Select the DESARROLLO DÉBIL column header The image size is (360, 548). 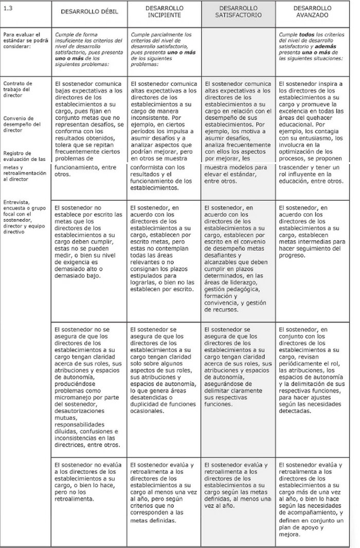[x=89, y=11]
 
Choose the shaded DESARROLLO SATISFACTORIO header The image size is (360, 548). [x=238, y=11]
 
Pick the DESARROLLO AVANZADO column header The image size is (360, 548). [x=312, y=11]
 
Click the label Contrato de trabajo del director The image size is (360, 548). [x=17, y=89]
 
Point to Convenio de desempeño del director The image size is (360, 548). [x=20, y=124]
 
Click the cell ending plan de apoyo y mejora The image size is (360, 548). [x=313, y=499]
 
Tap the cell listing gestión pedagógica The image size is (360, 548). [x=238, y=258]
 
